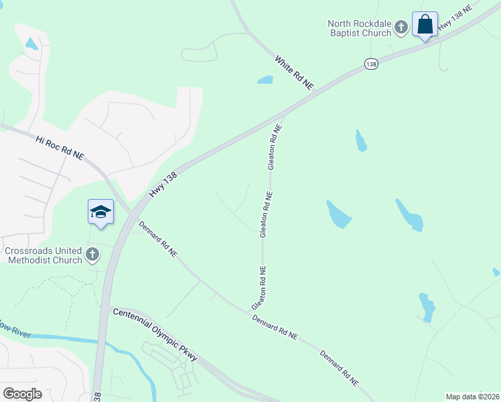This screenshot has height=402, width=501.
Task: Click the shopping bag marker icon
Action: pyautogui.click(x=425, y=25)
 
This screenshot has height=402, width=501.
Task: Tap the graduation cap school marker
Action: pyautogui.click(x=100, y=212)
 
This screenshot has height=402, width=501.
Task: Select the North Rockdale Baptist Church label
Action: pyautogui.click(x=358, y=28)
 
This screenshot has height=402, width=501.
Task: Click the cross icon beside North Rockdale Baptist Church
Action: pyautogui.click(x=401, y=27)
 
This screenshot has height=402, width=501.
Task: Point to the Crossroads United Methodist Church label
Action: pyautogui.click(x=44, y=255)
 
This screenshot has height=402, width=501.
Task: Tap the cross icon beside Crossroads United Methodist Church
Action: pyautogui.click(x=92, y=255)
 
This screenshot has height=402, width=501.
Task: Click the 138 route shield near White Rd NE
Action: pyautogui.click(x=372, y=63)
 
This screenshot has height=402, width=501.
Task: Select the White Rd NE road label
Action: pyautogui.click(x=294, y=72)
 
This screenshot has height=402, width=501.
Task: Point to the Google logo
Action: pyautogui.click(x=22, y=394)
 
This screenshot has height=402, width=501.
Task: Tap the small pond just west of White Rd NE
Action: pyautogui.click(x=265, y=80)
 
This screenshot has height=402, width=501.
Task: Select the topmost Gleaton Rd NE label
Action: pyautogui.click(x=273, y=146)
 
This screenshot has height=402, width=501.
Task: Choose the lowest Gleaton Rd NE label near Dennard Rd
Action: pyautogui.click(x=260, y=288)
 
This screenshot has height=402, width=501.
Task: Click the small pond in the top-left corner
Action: pyautogui.click(x=31, y=44)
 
